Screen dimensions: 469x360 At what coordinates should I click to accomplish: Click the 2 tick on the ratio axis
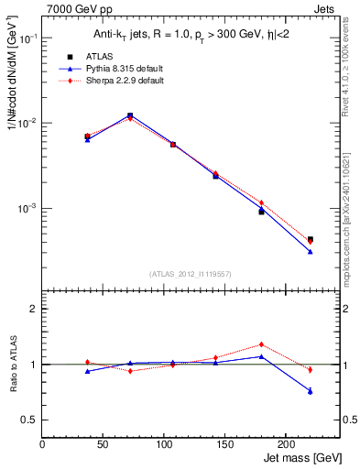click(x=35, y=309)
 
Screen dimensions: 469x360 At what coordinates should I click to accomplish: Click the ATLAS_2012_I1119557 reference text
click(x=191, y=273)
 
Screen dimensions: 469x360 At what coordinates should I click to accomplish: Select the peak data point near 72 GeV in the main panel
click(x=130, y=115)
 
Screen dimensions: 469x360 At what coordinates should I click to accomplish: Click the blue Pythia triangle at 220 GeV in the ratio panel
click(x=310, y=391)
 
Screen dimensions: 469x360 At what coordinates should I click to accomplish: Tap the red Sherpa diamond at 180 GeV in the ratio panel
click(x=261, y=344)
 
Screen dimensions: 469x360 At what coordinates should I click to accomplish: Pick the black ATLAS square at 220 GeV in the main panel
click(x=310, y=239)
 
